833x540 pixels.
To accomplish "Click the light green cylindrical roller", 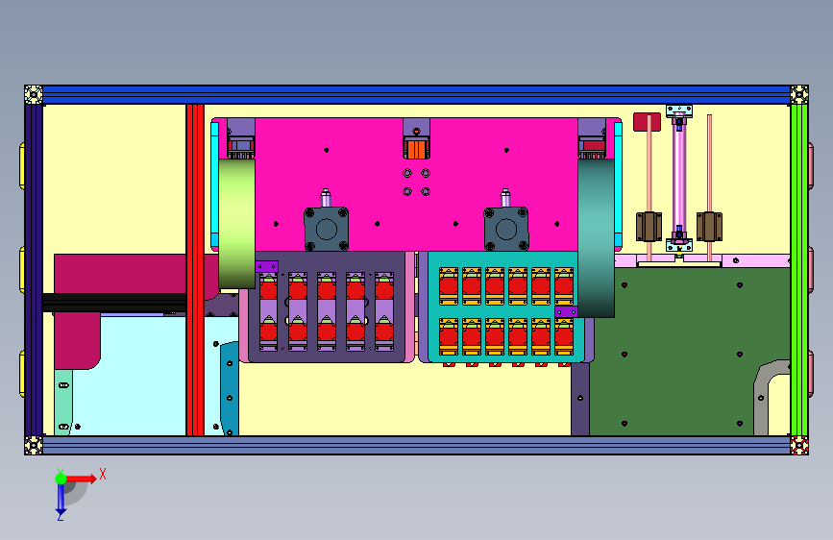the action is (237, 224).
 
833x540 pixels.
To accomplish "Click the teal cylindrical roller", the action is (596, 238).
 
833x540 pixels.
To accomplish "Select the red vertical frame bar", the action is (195, 270).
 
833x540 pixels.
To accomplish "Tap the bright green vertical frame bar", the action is (799, 270).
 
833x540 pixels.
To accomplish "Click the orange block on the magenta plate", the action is (416, 149).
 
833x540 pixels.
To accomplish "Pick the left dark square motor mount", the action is (327, 229).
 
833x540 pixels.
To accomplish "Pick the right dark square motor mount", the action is (505, 229).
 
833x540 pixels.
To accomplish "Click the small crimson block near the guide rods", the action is (647, 122).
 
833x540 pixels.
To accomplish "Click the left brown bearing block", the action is (649, 227).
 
